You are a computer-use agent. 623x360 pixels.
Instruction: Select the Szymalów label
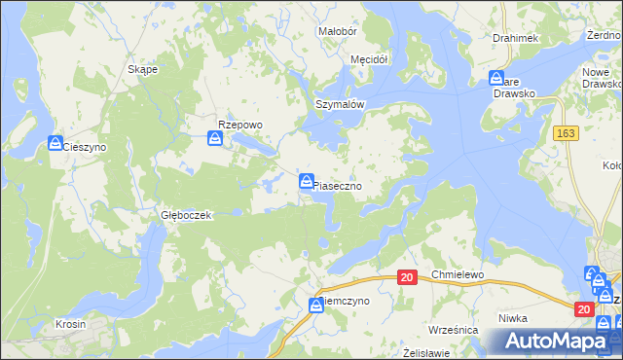coord(339,104)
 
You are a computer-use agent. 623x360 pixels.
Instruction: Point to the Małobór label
coord(339,31)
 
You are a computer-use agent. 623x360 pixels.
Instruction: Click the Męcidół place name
coord(369,59)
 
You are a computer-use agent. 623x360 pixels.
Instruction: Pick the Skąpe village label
coord(144,70)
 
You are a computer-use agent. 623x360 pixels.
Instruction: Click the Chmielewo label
coord(458,275)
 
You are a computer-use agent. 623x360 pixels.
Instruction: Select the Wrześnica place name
coord(453,330)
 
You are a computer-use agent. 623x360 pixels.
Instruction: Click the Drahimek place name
coord(515,38)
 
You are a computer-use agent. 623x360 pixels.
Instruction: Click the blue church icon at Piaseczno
coord(307,181)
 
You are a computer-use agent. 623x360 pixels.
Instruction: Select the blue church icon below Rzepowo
coord(215,140)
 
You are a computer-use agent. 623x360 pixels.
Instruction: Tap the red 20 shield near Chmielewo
coord(408,278)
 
